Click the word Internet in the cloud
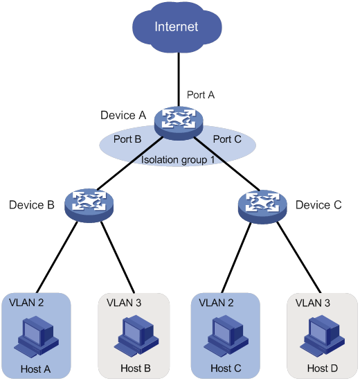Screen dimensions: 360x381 click(x=177, y=26)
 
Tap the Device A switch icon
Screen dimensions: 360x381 click(x=179, y=123)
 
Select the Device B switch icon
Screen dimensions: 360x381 click(x=89, y=205)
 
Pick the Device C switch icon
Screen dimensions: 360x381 click(x=262, y=206)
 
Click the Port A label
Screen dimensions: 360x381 click(x=201, y=95)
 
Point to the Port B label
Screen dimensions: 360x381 click(x=127, y=139)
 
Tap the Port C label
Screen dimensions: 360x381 click(x=227, y=139)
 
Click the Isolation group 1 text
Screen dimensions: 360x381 click(x=178, y=160)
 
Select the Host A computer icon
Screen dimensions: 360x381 click(x=37, y=337)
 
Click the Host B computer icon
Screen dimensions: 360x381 click(x=136, y=336)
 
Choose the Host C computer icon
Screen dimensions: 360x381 click(x=226, y=336)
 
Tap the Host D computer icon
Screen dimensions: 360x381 click(x=322, y=336)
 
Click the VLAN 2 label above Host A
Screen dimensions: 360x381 click(x=26, y=303)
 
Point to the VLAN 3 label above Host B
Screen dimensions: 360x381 click(x=124, y=303)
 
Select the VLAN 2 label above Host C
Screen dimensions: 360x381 click(x=216, y=303)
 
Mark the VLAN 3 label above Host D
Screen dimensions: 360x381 click(x=313, y=303)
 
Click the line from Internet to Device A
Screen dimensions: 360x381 click(x=179, y=80)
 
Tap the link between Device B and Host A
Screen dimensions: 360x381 click(x=57, y=257)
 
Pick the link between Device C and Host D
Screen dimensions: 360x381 click(x=299, y=258)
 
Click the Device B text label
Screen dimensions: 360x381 click(x=32, y=205)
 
